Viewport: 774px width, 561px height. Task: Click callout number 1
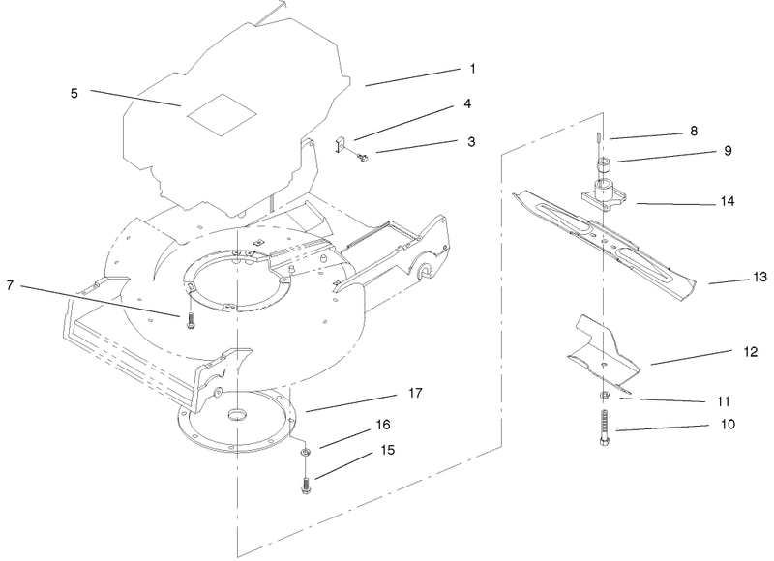472,69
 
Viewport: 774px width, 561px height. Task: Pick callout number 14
728,201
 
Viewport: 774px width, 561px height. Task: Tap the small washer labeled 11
602,396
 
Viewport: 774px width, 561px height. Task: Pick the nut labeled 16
305,451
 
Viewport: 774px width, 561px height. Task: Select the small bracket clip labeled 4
340,146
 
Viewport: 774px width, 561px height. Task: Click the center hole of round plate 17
236,415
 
